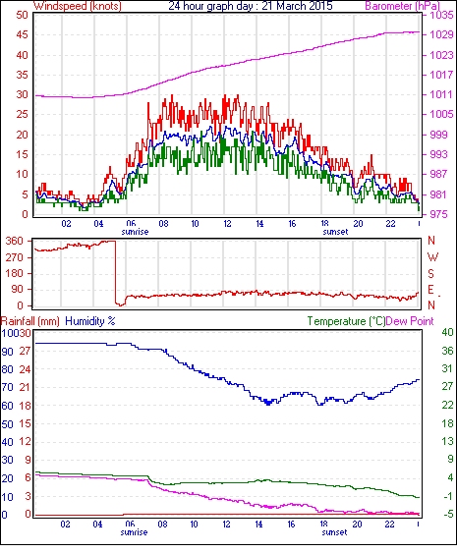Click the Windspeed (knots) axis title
(x=78, y=6)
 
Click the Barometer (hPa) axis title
(x=403, y=6)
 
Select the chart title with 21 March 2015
(x=251, y=6)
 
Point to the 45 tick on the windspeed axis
(x=22, y=35)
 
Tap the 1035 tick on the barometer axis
(x=441, y=15)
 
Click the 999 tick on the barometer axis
(x=438, y=135)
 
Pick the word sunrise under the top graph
(x=135, y=232)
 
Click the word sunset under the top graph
(x=335, y=232)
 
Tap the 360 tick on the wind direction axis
(x=15, y=242)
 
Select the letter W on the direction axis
(x=432, y=257)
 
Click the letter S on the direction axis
(x=430, y=273)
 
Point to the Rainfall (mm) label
(x=30, y=321)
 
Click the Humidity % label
(x=90, y=321)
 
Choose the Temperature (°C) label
(x=346, y=321)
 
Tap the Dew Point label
(x=410, y=321)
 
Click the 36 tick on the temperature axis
(x=447, y=351)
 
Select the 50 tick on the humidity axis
(x=7, y=424)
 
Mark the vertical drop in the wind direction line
(x=115, y=272)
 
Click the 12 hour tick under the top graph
(x=227, y=224)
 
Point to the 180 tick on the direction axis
(x=15, y=273)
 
